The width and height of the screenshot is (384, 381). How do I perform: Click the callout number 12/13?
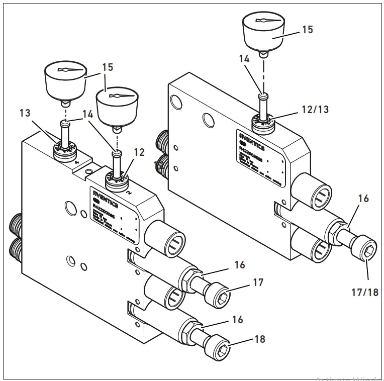coord(315,110)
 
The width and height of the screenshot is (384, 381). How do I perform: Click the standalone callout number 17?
coord(258,283)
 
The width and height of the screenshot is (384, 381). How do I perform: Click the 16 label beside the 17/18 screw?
coord(363,199)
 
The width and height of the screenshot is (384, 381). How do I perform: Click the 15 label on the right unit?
coord(307,30)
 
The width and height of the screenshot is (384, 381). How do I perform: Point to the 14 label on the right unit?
coord(244,59)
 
